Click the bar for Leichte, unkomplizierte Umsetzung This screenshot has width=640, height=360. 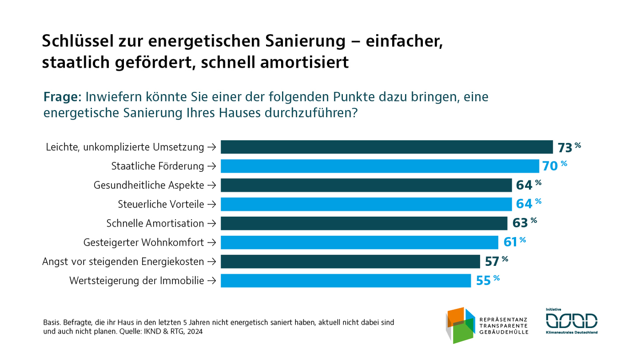(x=387, y=147)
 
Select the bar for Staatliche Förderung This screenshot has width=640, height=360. (x=380, y=166)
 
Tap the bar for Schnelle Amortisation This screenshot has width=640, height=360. (x=364, y=223)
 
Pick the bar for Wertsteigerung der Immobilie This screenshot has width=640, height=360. (x=346, y=281)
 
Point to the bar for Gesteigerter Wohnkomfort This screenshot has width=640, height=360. (x=359, y=242)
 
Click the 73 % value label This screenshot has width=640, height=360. (x=569, y=147)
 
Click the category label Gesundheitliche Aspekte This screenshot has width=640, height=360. (x=149, y=185)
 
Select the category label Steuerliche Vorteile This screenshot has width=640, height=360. (x=161, y=204)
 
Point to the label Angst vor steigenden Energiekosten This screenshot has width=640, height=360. (x=123, y=262)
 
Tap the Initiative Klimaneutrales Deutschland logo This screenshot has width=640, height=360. (x=571, y=321)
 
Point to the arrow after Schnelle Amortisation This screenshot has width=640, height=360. (x=211, y=223)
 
